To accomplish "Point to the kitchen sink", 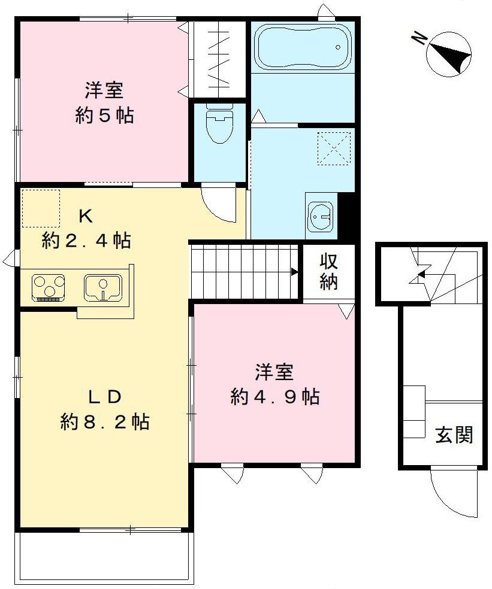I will click(x=104, y=286).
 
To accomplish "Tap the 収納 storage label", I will click(x=328, y=272).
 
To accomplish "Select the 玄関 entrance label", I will click(x=454, y=436).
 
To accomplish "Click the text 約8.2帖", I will click(x=105, y=422).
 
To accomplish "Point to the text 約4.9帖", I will click(x=274, y=396).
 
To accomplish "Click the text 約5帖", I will click(x=104, y=115).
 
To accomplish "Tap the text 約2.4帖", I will click(x=86, y=241).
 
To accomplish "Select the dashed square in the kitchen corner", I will click(x=41, y=208).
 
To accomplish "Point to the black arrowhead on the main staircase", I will click(x=294, y=272).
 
